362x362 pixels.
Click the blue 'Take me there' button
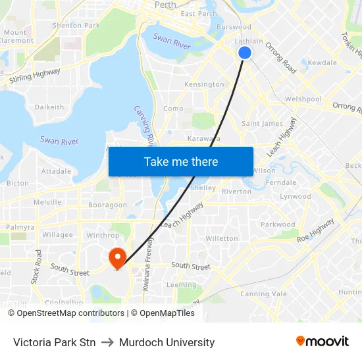[x=181, y=162]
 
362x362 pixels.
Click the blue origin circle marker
[x=245, y=53]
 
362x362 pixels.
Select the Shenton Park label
[x=76, y=26]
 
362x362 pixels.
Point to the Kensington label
[x=204, y=85]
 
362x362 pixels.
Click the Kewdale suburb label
[x=322, y=63]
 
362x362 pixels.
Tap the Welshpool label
[x=303, y=99]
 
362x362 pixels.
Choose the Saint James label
[x=262, y=124]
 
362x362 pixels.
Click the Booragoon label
[x=107, y=205]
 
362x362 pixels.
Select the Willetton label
[x=222, y=238]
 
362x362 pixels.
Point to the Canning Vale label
[x=263, y=294]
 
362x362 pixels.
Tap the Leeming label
[x=181, y=285]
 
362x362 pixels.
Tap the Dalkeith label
[x=49, y=107]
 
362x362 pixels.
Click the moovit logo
[x=322, y=342]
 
